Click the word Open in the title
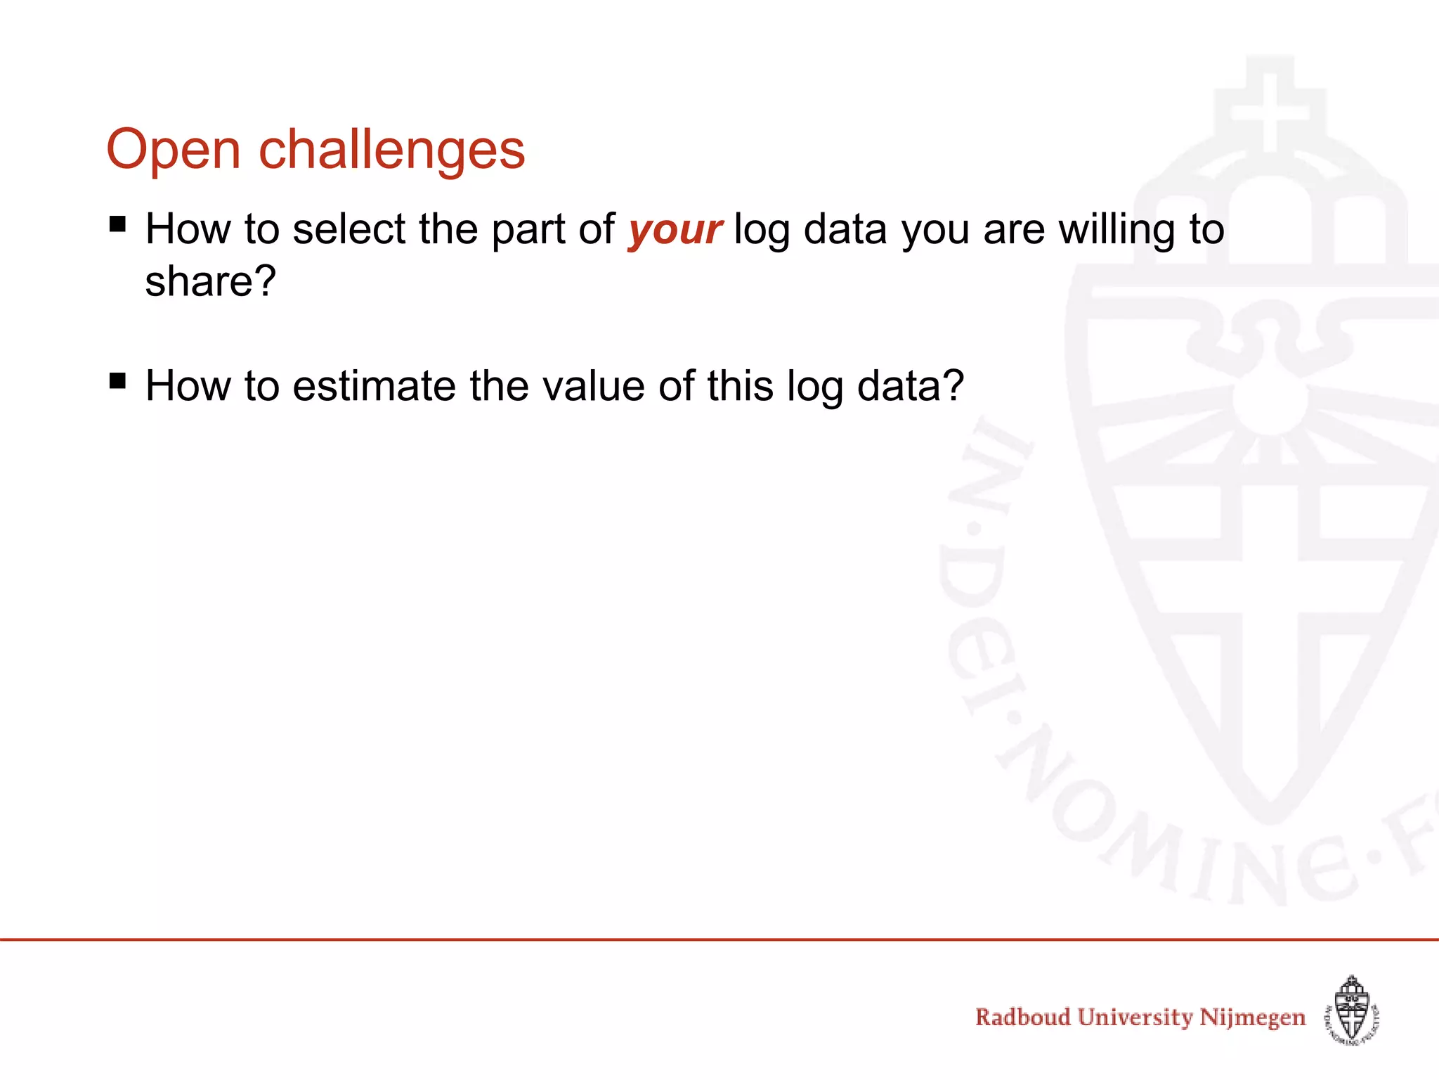pyautogui.click(x=173, y=150)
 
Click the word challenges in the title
pyautogui.click(x=392, y=150)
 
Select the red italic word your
pyautogui.click(x=675, y=230)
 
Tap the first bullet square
pyautogui.click(x=118, y=224)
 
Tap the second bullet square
pyautogui.click(x=118, y=381)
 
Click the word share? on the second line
pyautogui.click(x=211, y=281)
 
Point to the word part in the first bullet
pyautogui.click(x=528, y=231)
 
